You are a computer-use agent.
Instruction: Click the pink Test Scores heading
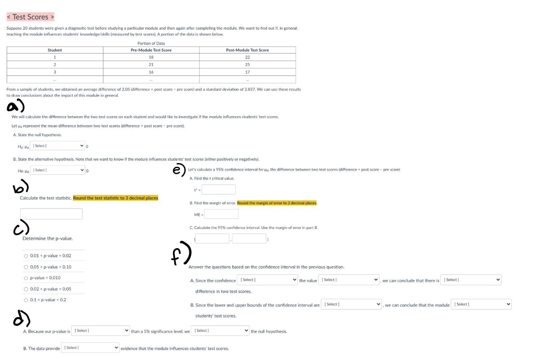coord(30,17)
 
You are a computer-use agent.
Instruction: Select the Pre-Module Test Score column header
coord(151,50)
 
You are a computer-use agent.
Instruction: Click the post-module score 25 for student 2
coord(248,65)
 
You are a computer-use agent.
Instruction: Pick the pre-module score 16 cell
coord(151,72)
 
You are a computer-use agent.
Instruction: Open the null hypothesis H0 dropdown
coord(57,146)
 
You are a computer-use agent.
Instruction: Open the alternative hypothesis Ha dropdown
coord(58,170)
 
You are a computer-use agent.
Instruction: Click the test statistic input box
coord(51,214)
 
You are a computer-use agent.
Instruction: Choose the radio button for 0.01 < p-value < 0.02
coord(26,256)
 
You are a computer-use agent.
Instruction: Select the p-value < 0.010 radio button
coord(26,278)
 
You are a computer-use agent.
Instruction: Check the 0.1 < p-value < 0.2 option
coord(26,300)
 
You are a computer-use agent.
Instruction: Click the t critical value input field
coord(218,189)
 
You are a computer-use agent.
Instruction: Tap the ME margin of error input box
coord(221,214)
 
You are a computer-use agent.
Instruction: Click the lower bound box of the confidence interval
coord(212,239)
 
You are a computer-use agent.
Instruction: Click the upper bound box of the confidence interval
coord(249,239)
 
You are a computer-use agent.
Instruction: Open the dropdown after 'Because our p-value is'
coord(100,330)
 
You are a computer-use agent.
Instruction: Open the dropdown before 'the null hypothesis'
coord(220,330)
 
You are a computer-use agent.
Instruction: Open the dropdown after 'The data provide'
coord(90,348)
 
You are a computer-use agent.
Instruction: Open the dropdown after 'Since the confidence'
coord(267,280)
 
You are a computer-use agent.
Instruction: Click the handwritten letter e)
coord(179,170)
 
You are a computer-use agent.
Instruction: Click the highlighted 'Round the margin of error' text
coord(277,203)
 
